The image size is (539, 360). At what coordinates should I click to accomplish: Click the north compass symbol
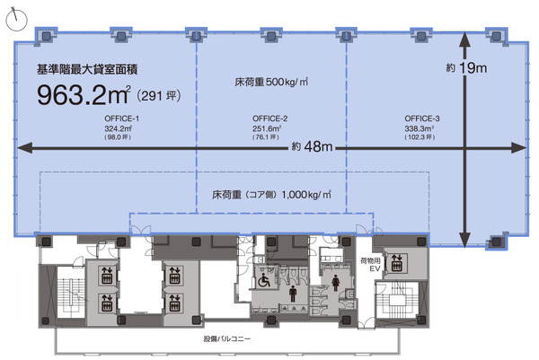16,19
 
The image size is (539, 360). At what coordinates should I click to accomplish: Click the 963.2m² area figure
84,95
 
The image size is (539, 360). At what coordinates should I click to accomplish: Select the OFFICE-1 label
121,119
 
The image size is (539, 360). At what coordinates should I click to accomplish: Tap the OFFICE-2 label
269,119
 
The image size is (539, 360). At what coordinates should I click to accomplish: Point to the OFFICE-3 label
422,119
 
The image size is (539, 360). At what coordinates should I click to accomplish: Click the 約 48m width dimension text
312,146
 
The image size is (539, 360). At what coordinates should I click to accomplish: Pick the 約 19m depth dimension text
466,67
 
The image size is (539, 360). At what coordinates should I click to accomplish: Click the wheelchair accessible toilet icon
264,280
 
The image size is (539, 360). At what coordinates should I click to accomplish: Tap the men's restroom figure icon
293,294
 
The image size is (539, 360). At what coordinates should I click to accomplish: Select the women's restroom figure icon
335,284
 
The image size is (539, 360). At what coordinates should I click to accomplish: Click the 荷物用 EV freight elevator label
370,265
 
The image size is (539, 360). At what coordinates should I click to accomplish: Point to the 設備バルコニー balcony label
227,338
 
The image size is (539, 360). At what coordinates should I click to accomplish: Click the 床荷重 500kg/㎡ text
271,82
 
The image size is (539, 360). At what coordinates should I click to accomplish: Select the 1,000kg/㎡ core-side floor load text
306,195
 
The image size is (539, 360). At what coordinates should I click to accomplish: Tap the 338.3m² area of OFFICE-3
419,128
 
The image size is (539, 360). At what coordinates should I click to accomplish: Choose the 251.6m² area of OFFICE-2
267,128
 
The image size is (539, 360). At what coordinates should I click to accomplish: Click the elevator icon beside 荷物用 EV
396,262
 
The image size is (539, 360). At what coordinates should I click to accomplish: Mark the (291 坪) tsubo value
159,95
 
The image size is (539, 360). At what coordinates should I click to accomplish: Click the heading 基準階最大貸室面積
87,69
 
